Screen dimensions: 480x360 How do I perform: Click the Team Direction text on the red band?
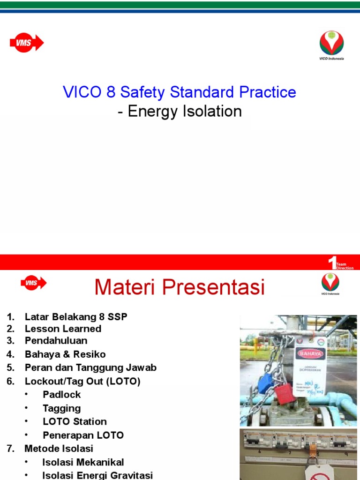[x=345, y=266]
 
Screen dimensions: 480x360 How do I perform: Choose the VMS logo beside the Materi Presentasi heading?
[x=33, y=283]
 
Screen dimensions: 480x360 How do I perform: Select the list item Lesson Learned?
[x=63, y=329]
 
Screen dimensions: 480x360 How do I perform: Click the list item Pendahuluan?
[x=56, y=340]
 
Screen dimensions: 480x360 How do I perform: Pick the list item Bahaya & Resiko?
[x=65, y=354]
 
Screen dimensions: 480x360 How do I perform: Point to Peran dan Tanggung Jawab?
[x=90, y=367]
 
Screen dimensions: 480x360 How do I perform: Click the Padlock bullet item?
[x=62, y=394]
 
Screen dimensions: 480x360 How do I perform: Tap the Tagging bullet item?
[x=62, y=408]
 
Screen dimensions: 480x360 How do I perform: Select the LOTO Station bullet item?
[x=75, y=421]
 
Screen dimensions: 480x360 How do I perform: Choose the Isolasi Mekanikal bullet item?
[x=83, y=462]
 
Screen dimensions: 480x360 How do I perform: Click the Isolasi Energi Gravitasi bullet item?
[x=97, y=475]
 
